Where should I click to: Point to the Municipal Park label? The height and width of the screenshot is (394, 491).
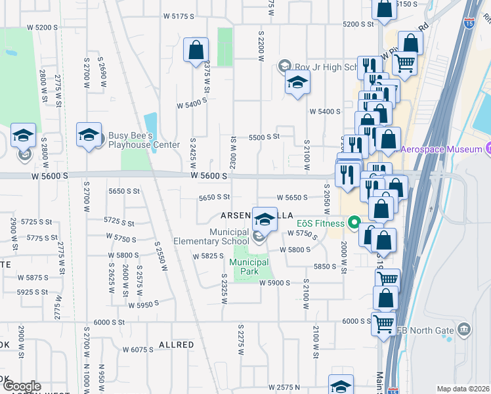click(x=249, y=267)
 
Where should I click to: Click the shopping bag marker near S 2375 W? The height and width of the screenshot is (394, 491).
click(x=196, y=51)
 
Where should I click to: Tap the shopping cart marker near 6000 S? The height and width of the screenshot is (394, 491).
click(x=383, y=323)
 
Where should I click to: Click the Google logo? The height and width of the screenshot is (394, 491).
click(x=21, y=386)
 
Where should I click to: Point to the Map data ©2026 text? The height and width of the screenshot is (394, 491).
click(x=462, y=389)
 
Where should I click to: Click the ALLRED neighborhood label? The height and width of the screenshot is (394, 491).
click(x=177, y=345)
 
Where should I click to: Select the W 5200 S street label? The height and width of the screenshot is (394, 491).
click(x=43, y=28)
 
